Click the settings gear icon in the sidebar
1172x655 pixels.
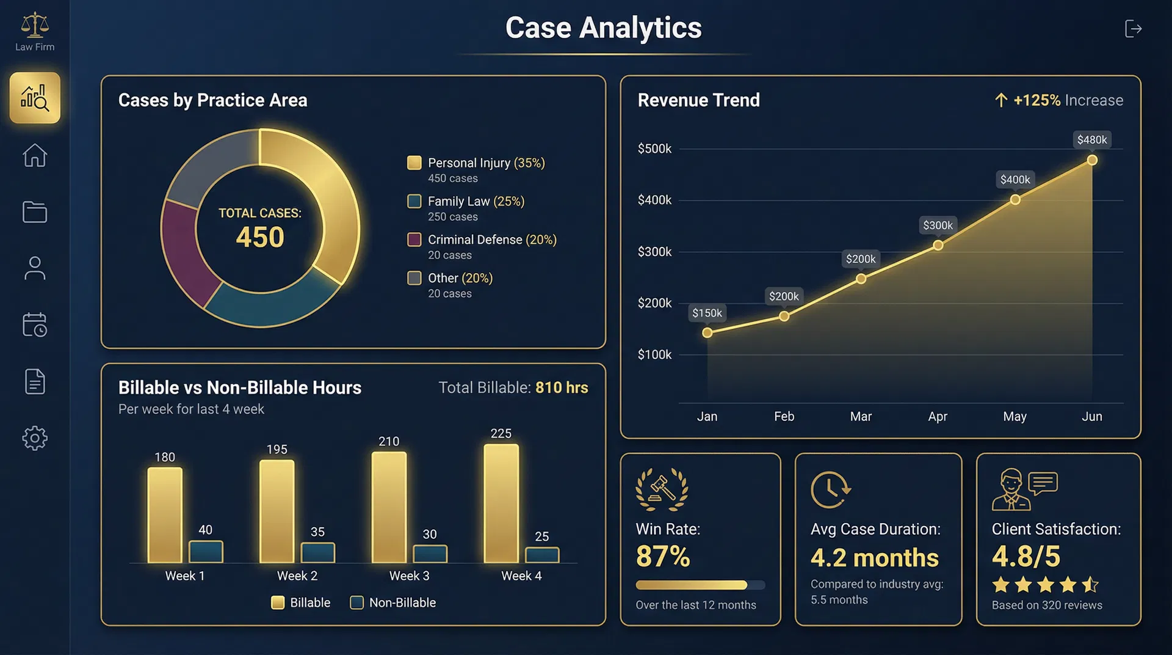(35, 438)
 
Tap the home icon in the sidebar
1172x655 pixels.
(35, 155)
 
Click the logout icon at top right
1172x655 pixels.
(1133, 29)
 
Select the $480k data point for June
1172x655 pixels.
(1092, 160)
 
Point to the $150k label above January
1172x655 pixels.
(707, 313)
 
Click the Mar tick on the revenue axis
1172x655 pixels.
(861, 416)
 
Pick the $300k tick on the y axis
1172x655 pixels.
(654, 252)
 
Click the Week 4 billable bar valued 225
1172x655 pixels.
(501, 503)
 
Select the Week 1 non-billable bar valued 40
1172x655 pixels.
(206, 552)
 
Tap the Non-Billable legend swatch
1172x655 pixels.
(357, 602)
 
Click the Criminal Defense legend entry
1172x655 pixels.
(482, 240)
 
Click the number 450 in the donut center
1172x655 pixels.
(260, 237)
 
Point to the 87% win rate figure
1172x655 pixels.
(663, 557)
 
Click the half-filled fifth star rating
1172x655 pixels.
(1090, 585)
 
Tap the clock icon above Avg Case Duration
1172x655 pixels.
(830, 489)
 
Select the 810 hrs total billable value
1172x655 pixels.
(562, 387)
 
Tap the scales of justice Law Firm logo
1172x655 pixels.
(35, 26)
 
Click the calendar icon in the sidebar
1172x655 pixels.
(35, 324)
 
